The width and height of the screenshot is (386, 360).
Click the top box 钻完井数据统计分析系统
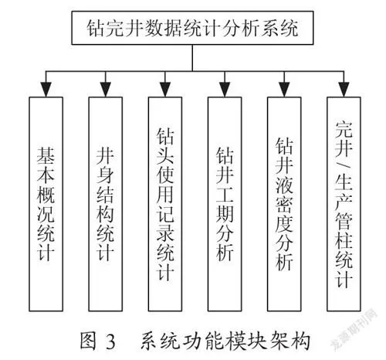192,28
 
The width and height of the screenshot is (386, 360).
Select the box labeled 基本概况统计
46,204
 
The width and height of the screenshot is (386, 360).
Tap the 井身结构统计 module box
106,204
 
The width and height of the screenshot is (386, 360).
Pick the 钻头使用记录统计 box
165,204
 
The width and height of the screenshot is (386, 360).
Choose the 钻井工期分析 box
225,204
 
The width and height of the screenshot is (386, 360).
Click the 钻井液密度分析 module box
284,204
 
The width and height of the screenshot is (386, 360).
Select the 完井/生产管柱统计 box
344,204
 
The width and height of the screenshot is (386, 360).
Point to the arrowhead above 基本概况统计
46,90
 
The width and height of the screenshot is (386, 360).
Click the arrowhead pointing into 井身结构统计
106,90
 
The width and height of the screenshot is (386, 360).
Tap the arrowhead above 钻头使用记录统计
165,90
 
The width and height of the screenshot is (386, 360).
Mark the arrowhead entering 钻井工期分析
225,90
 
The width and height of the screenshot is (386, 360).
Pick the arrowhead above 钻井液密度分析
284,90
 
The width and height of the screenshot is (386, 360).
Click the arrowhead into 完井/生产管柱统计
344,90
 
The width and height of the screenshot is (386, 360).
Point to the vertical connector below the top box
192,58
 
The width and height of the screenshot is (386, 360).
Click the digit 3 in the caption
110,341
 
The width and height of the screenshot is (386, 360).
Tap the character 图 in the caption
88,341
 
